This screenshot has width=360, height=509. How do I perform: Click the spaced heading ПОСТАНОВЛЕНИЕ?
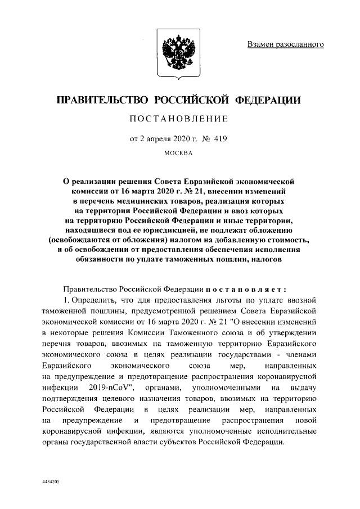pos(178,119)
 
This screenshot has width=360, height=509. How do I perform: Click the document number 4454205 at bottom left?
pos(52,483)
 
